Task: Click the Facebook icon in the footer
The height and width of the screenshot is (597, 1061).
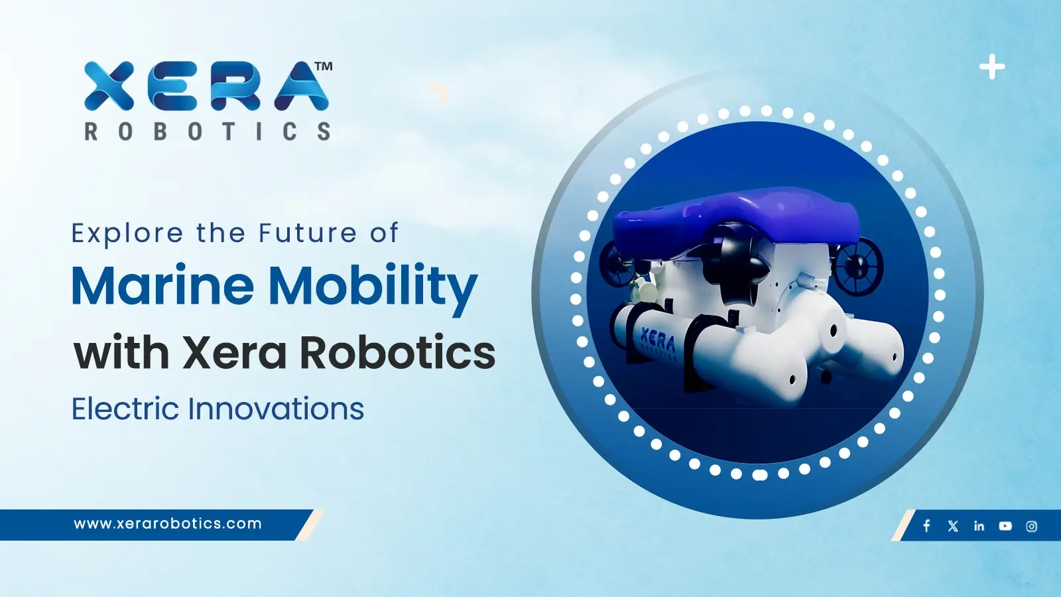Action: click(926, 526)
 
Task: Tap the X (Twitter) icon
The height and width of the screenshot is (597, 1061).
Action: click(953, 526)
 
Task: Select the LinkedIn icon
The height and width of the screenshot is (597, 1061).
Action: click(979, 526)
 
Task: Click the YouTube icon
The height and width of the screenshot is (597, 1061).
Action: click(1005, 526)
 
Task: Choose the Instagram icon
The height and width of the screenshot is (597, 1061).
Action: click(1031, 526)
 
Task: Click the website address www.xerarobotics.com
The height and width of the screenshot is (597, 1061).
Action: click(168, 523)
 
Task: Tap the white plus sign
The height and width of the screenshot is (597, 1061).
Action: click(992, 67)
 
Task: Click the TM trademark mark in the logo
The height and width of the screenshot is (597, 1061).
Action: click(324, 66)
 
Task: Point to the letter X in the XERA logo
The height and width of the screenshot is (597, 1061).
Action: click(109, 86)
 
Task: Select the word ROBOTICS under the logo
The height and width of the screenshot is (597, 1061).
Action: click(208, 131)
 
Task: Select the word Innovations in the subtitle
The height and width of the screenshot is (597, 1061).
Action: click(276, 409)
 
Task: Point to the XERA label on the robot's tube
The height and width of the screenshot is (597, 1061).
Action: click(658, 342)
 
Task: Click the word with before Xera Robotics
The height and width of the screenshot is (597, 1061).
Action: click(121, 353)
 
